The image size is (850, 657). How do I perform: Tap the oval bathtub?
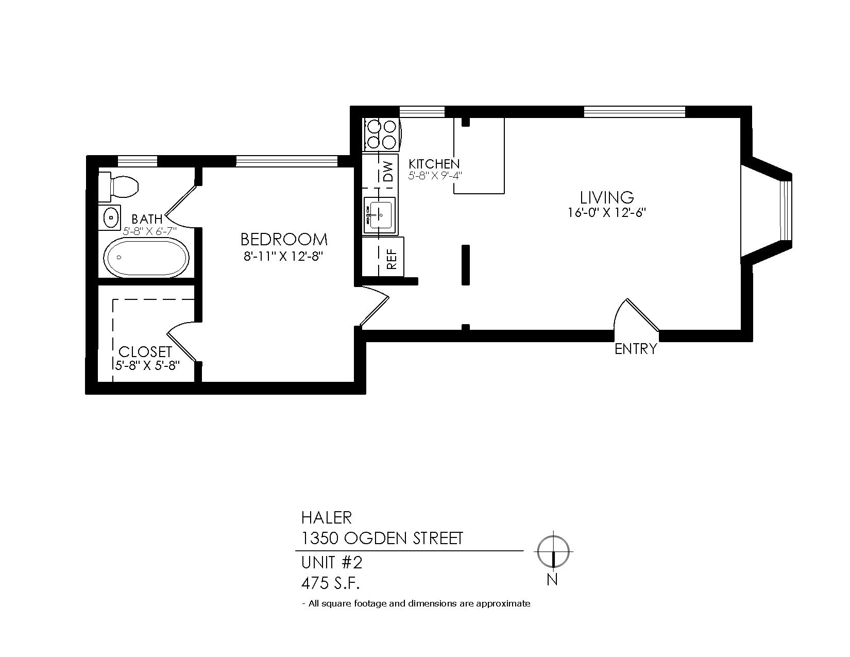point(146,258)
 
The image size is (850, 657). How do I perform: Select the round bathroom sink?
point(111,216)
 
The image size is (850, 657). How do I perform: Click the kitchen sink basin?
point(379,215)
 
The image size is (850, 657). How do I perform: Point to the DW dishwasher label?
point(387,172)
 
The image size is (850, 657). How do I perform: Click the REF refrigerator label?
point(392,259)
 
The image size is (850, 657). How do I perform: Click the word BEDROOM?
point(284,239)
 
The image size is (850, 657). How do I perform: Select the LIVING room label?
point(607,197)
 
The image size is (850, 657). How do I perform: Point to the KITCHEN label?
point(434,163)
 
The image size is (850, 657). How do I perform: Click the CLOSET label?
point(145,352)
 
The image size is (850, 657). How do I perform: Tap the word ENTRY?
point(636,349)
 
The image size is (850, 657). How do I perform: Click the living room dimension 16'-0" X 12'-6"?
point(607,212)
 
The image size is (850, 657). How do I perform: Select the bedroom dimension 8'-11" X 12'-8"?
point(284,257)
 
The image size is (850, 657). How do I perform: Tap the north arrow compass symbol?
point(553,552)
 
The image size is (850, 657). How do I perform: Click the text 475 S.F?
point(330,584)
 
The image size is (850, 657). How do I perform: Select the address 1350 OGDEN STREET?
point(382,538)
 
